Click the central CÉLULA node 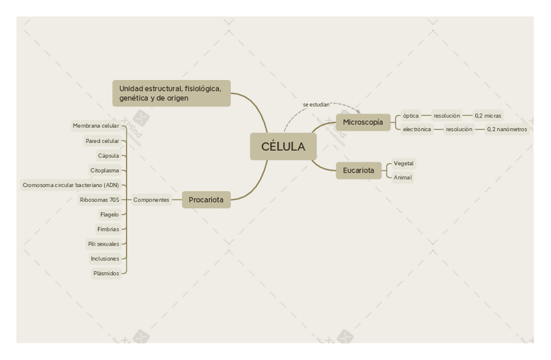tap(283, 146)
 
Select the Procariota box tap(206, 200)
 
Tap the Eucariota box tap(359, 171)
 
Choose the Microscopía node tap(363, 122)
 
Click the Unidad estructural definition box tap(172, 93)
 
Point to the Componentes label tap(151, 200)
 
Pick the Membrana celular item tap(96, 126)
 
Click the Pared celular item tap(102, 141)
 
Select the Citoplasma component tap(105, 170)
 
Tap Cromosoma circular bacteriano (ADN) tap(71, 185)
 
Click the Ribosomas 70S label tap(99, 200)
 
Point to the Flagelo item tap(109, 214)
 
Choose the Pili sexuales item tap(103, 244)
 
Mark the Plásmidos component tap(106, 274)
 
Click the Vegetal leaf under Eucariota tap(404, 164)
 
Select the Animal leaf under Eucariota tap(402, 177)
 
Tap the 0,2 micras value tap(488, 116)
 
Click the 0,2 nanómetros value tap(507, 129)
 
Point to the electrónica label tap(416, 129)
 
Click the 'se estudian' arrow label tap(316, 105)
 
